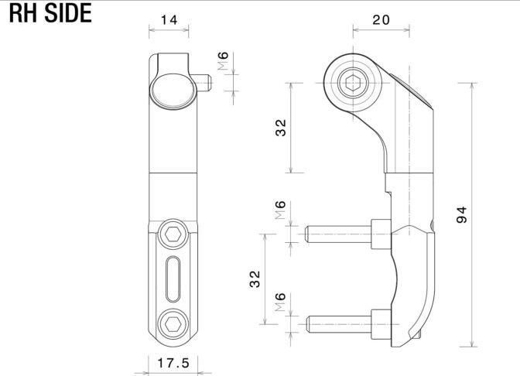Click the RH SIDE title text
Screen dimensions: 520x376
tap(50, 13)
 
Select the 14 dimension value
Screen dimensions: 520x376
tap(169, 20)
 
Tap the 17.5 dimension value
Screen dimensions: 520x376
tap(173, 363)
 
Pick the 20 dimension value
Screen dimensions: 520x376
tap(381, 20)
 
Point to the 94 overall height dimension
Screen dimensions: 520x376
tap(461, 214)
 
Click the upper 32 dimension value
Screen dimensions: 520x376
tap(281, 128)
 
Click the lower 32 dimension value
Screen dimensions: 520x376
tap(255, 279)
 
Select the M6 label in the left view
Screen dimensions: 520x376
tap(223, 60)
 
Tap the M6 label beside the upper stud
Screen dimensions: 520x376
tap(280, 210)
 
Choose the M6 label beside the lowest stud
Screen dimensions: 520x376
tap(280, 302)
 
